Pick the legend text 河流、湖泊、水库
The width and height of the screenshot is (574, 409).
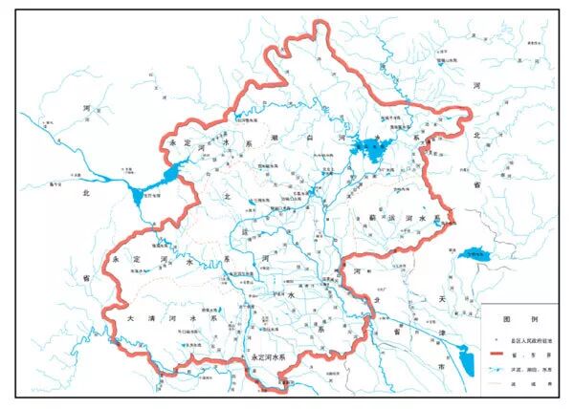click(531, 366)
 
